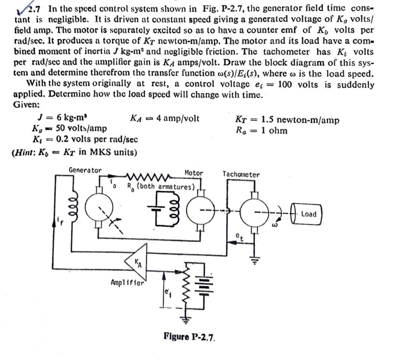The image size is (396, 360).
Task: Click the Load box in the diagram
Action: pos(308,214)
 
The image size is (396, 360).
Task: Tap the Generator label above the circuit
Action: pos(85,170)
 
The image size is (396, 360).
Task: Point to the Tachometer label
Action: pos(241,174)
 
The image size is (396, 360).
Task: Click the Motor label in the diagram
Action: pos(194,173)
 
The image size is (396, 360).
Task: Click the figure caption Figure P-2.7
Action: pos(190,336)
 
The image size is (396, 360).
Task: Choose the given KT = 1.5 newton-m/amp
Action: pos(287,120)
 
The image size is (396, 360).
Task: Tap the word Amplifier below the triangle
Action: pos(127,282)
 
